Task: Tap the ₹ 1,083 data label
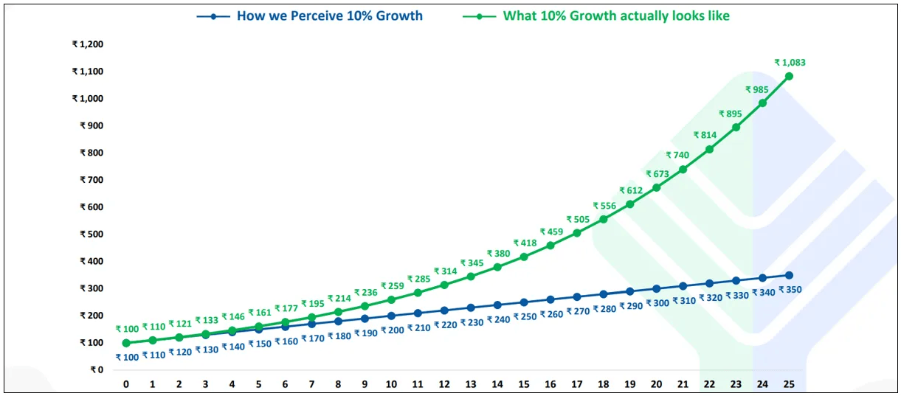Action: pyautogui.click(x=790, y=63)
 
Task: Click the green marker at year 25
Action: pyautogui.click(x=789, y=76)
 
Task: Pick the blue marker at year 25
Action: pyautogui.click(x=789, y=275)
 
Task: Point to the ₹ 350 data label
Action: pyautogui.click(x=790, y=290)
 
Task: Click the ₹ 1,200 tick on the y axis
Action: pyautogui.click(x=87, y=44)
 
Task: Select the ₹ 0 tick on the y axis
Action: pyautogui.click(x=94, y=370)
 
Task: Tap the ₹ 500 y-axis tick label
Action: pyautogui.click(x=92, y=235)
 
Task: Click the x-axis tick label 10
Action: pyautogui.click(x=391, y=384)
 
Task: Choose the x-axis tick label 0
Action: pyautogui.click(x=126, y=384)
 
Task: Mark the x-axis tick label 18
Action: pyautogui.click(x=604, y=384)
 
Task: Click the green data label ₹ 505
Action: pyautogui.click(x=578, y=219)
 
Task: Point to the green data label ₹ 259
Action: pyautogui.click(x=392, y=285)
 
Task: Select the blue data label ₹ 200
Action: pyautogui.click(x=392, y=330)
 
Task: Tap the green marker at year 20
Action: pyautogui.click(x=656, y=187)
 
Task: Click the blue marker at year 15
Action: pyautogui.click(x=524, y=302)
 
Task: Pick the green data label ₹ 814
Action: pyautogui.click(x=705, y=135)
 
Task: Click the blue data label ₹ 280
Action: pyautogui.click(x=604, y=309)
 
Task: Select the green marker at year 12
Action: pyautogui.click(x=444, y=285)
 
